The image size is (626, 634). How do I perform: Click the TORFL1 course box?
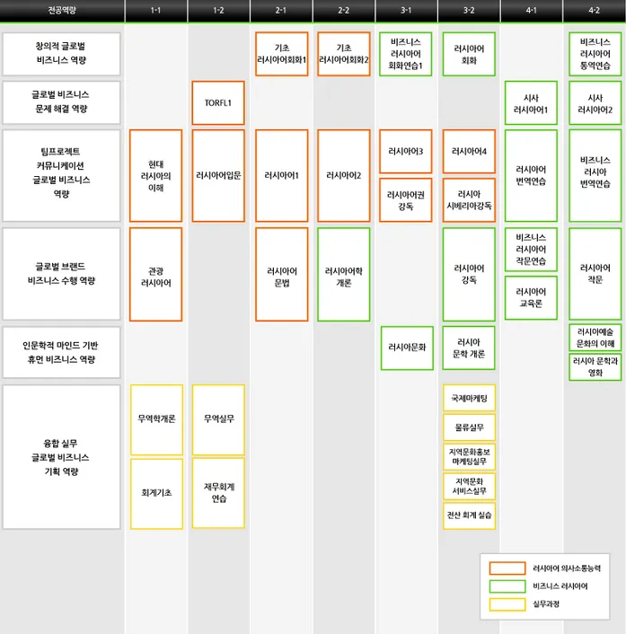point(218,102)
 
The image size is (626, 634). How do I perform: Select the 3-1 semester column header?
point(406,11)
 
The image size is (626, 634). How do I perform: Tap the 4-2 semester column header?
point(595,11)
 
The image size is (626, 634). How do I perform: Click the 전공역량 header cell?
point(62,11)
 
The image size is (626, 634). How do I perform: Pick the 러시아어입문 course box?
point(218,176)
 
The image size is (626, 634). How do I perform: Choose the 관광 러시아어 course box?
point(155,275)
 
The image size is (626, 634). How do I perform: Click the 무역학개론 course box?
point(156,419)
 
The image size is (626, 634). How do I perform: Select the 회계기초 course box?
point(156,492)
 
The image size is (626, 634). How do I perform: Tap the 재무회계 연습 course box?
point(218,492)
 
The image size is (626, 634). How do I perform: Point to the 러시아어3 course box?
point(406,151)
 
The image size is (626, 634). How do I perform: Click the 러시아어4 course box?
point(469,151)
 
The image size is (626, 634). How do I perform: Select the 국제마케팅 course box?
point(469,398)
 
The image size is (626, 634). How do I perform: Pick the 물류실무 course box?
point(469,427)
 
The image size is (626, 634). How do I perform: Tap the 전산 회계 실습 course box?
point(469,515)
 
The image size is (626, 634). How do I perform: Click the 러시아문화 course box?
point(407,348)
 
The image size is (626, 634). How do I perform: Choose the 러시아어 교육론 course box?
point(531,297)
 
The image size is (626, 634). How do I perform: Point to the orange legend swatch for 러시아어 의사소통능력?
point(507,568)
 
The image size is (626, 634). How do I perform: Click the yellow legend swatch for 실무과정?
point(507,603)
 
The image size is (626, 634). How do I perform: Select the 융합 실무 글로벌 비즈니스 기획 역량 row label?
point(62,457)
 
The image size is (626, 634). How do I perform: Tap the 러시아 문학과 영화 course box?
point(595,366)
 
